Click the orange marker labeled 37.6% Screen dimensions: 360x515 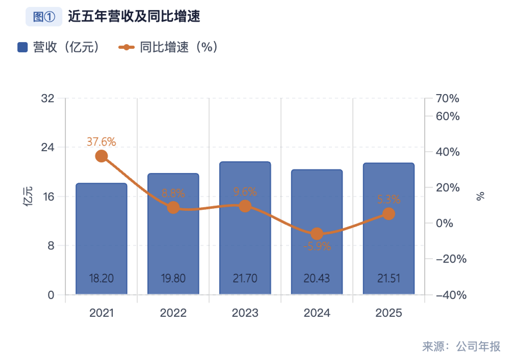coord(101,156)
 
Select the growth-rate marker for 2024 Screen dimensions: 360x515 coord(317,234)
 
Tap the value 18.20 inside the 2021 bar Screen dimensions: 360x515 coord(101,278)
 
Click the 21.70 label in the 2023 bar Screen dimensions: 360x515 coord(245,278)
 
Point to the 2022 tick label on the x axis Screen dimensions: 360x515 coord(173,313)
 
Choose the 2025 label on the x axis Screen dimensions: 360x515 coord(389,313)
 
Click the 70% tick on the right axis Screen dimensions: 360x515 coord(448,99)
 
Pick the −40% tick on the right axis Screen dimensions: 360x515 coord(451,295)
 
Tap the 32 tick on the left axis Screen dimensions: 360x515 coord(48,98)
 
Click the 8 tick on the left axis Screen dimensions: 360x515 coord(50,245)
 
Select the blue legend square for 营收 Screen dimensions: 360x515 coord(23,47)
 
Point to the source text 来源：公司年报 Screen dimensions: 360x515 coord(461,346)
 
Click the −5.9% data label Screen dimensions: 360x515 coord(317,247)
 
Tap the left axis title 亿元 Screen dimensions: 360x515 coord(28,197)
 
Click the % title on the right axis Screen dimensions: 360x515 coord(480,196)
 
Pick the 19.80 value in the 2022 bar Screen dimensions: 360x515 coord(173,278)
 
